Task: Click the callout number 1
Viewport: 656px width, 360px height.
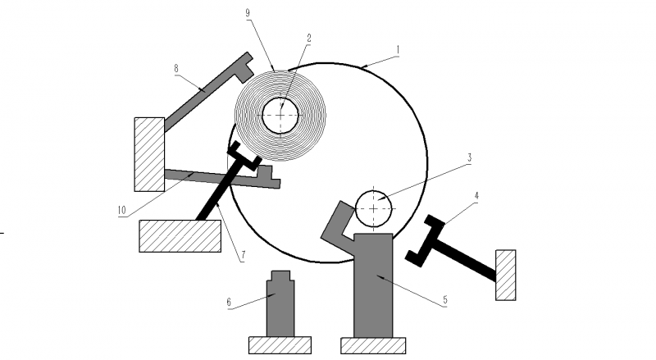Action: pos(398,49)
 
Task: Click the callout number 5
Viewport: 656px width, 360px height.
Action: pos(444,300)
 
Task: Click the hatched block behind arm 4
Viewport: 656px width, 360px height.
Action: pos(505,275)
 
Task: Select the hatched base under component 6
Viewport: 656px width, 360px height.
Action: pos(280,345)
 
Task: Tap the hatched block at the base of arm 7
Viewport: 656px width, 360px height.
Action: pos(180,235)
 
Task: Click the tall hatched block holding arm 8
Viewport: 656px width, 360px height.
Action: pos(149,153)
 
